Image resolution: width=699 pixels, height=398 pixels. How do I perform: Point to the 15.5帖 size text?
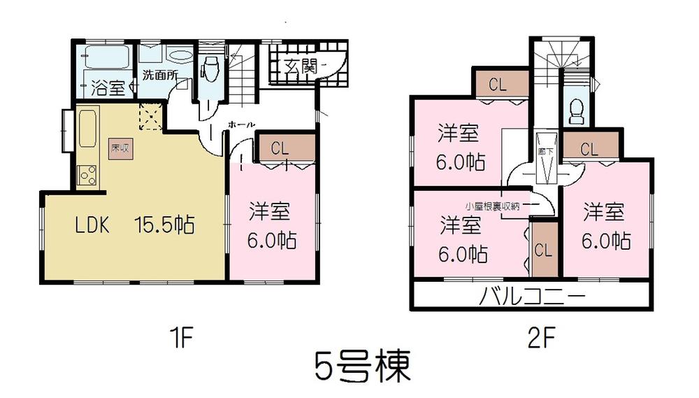tap(164, 225)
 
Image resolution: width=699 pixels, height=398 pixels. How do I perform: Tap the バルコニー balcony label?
tap(532, 297)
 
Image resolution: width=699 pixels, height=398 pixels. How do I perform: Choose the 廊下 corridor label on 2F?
tap(542, 150)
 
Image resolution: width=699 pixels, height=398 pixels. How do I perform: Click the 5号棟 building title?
tap(361, 366)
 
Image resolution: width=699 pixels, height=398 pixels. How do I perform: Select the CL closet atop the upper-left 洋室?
tap(498, 85)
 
